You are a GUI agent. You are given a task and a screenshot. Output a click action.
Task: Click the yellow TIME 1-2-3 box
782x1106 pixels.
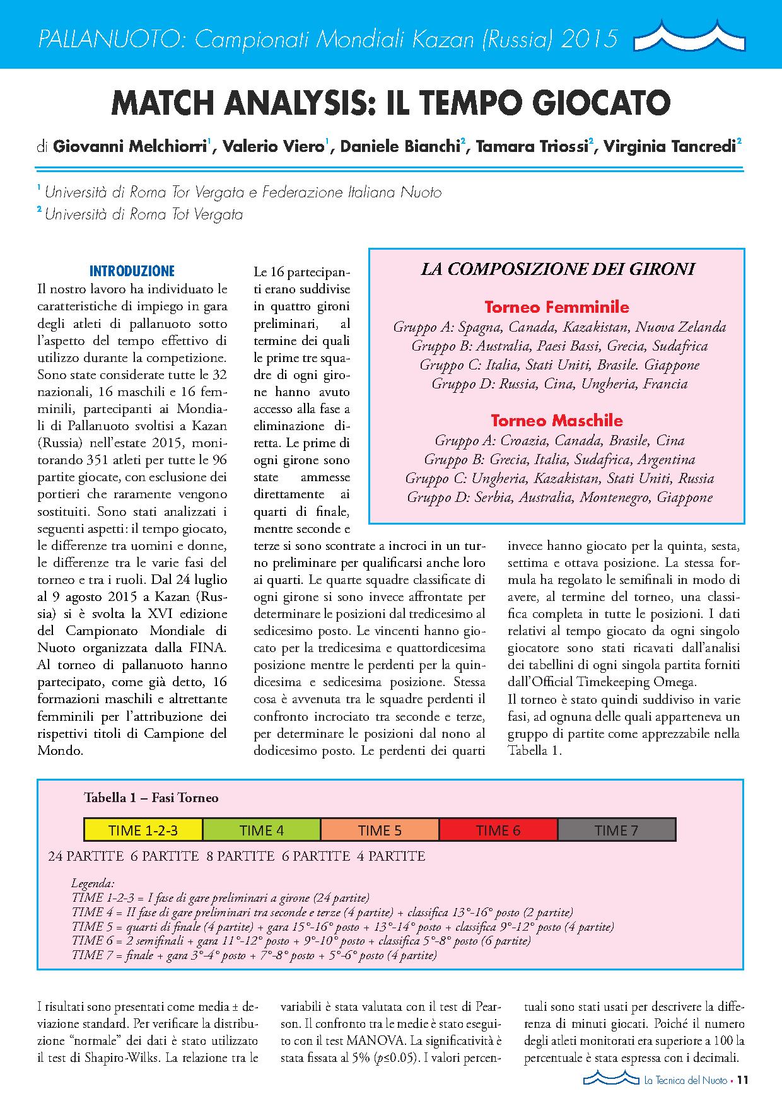[x=143, y=830]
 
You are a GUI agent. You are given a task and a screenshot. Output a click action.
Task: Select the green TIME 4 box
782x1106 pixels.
[x=261, y=830]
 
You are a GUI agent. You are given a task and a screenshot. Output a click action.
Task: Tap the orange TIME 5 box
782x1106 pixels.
[x=380, y=830]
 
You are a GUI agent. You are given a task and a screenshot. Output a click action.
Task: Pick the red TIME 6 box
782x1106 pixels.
[x=498, y=830]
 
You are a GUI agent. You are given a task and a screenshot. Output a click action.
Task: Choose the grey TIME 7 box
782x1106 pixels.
[x=616, y=830]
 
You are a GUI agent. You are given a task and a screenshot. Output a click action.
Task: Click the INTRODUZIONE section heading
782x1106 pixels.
[x=132, y=272]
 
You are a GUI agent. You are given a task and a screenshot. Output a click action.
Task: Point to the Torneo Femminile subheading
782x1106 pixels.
[x=556, y=308]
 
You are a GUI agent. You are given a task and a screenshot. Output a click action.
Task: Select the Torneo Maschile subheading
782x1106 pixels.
[x=556, y=421]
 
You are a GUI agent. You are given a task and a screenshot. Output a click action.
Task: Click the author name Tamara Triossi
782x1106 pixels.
[x=532, y=147]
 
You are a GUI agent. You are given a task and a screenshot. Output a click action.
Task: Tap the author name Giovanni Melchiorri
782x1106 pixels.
[x=130, y=147]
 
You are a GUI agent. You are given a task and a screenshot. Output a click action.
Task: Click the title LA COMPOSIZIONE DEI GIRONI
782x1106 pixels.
[x=557, y=270]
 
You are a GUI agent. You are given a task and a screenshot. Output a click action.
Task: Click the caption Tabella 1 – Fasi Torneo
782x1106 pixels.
[x=151, y=798]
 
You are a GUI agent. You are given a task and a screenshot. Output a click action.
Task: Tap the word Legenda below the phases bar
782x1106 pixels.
[x=93, y=884]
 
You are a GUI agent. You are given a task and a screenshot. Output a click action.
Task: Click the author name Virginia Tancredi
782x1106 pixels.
[x=669, y=147]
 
